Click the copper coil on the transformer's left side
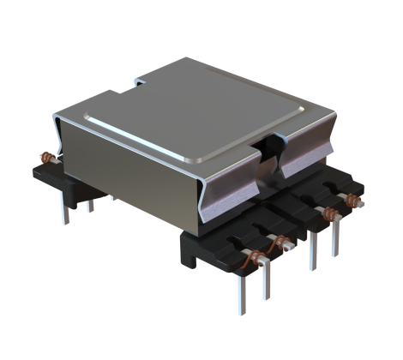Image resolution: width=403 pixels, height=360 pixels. tap(49, 158)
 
